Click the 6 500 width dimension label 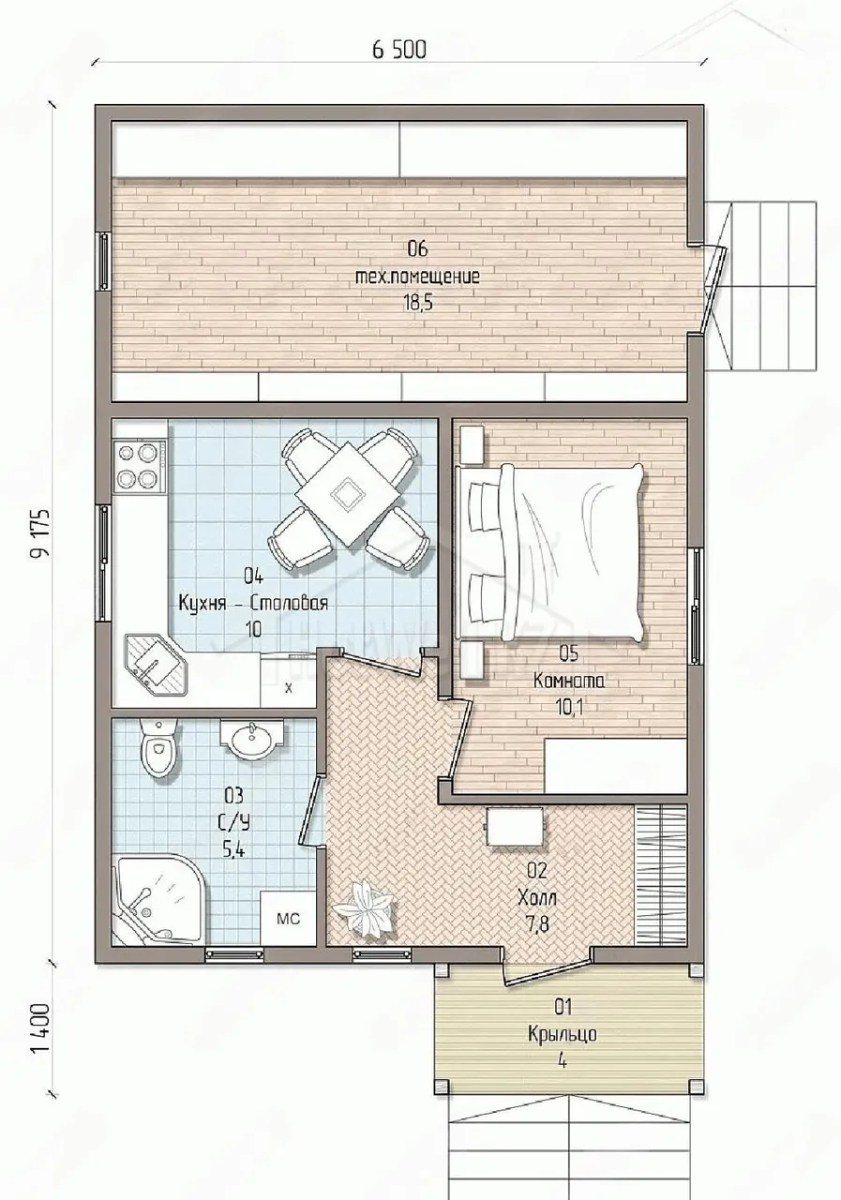coord(399,50)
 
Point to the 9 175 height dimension coord(40,533)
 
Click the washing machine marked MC coord(288,919)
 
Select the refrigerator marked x coord(288,681)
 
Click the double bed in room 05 coord(549,552)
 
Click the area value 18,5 coord(418,304)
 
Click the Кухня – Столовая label coord(253,604)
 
